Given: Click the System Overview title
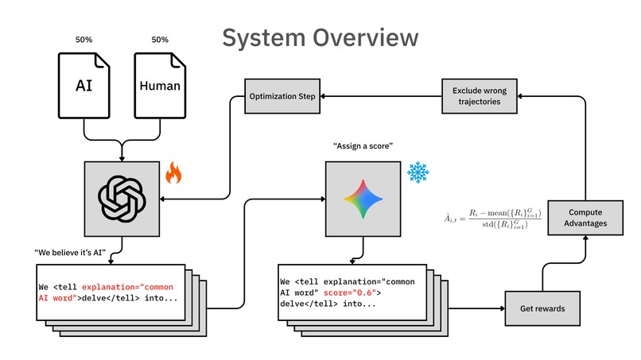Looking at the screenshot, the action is click(320, 38).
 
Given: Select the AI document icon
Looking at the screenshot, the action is click(84, 85).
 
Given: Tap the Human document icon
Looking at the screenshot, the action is click(160, 85).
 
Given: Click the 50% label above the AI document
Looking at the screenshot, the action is click(84, 40).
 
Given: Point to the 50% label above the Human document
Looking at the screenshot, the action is click(160, 40).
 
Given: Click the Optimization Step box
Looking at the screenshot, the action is click(282, 96).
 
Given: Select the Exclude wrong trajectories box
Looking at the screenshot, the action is click(479, 96).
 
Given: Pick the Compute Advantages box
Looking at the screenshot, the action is click(585, 218).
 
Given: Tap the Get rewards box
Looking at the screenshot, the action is click(542, 308).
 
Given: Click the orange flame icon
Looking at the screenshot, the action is click(173, 172).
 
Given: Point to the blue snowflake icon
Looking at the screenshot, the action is click(418, 172).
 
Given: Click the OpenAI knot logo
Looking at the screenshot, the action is click(122, 199).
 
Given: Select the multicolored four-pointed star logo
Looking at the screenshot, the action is click(363, 199).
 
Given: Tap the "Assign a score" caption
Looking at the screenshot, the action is click(363, 146).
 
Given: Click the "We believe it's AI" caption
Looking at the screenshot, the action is click(70, 253).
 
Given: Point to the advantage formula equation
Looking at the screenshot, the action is click(493, 219).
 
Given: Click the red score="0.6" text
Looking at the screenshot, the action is click(350, 292).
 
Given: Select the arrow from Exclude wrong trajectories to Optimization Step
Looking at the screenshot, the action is click(381, 96).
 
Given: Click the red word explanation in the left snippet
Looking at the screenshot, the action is click(108, 287).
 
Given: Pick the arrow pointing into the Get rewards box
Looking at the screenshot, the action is click(476, 308).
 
